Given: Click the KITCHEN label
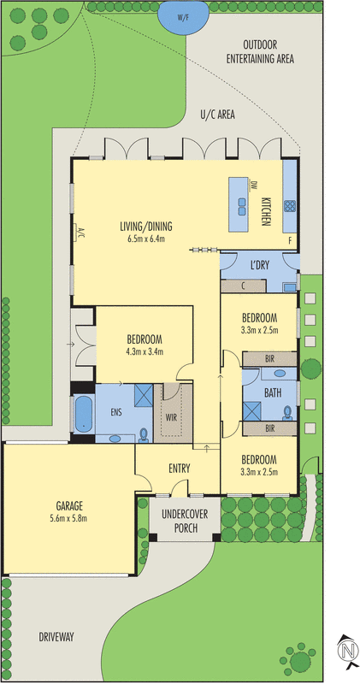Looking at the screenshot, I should pyautogui.click(x=267, y=211).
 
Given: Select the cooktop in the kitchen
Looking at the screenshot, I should pyautogui.click(x=290, y=205).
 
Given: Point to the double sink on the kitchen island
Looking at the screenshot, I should pyautogui.click(x=241, y=205).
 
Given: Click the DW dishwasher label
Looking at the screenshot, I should pyautogui.click(x=254, y=185).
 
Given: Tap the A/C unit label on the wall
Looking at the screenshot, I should pyautogui.click(x=81, y=233).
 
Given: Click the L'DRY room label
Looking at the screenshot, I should pyautogui.click(x=260, y=265).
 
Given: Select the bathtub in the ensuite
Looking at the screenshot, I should pyautogui.click(x=83, y=415).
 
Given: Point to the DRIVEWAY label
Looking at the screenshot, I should pyautogui.click(x=56, y=637).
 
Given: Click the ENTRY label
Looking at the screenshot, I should pyautogui.click(x=179, y=468).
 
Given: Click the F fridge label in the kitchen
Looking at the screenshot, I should pyautogui.click(x=290, y=241).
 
